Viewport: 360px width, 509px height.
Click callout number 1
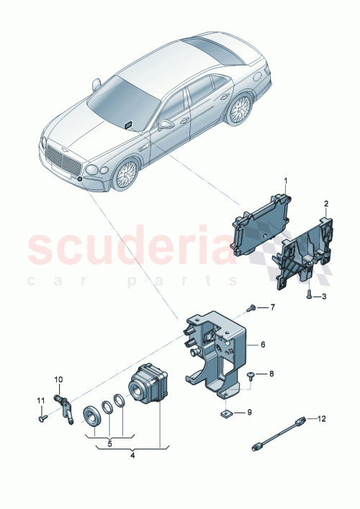(x=285, y=179)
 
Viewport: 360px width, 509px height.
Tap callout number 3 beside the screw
(x=323, y=297)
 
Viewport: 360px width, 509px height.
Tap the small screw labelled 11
(x=42, y=415)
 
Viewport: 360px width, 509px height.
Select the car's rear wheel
(x=238, y=111)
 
